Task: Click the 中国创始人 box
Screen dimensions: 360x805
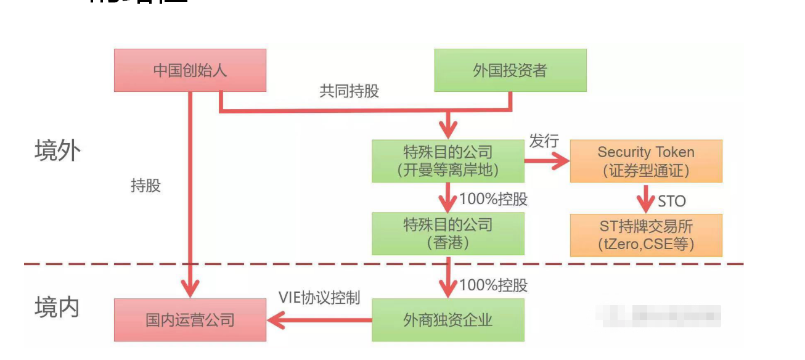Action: [x=190, y=70]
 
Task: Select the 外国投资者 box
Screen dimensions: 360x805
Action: [x=510, y=70]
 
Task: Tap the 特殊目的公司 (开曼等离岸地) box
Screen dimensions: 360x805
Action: [x=448, y=161]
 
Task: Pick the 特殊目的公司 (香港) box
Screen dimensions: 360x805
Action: [x=448, y=234]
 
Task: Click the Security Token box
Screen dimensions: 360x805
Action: [x=646, y=161]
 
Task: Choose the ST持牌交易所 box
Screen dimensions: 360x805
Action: [x=646, y=235]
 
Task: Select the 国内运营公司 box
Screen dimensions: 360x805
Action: [x=190, y=320]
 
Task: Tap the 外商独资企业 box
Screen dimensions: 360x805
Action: [x=448, y=320]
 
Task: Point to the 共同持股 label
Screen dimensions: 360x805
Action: [x=349, y=92]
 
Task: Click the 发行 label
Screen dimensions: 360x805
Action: [x=544, y=141]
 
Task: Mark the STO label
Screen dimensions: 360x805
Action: [x=671, y=201]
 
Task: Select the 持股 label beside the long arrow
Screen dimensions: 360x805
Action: [x=146, y=186]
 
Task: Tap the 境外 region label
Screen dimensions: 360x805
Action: [x=57, y=150]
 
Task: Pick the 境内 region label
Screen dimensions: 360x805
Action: [x=57, y=306]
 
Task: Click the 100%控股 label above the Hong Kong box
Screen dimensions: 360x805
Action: [x=493, y=200]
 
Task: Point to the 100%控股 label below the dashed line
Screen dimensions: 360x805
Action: [x=493, y=285]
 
